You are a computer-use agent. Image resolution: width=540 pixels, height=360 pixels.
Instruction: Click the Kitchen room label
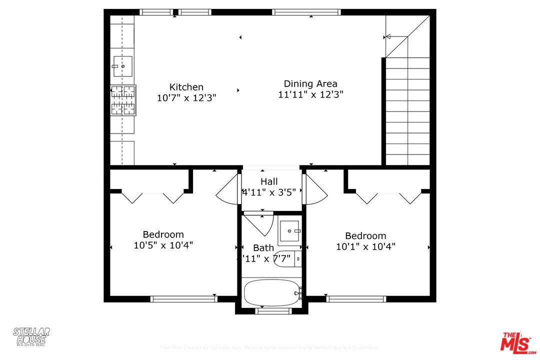pos(186,87)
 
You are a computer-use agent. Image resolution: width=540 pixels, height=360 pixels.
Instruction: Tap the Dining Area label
pos(310,84)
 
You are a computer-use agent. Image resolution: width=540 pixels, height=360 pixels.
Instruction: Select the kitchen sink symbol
pos(122,66)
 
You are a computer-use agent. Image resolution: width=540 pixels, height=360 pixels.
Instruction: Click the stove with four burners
pos(123,100)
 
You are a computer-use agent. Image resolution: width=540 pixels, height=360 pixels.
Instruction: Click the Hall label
pos(269,181)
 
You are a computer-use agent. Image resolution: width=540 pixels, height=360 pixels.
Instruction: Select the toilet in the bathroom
pos(287,258)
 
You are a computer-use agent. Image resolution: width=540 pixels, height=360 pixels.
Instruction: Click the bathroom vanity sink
pos(289,230)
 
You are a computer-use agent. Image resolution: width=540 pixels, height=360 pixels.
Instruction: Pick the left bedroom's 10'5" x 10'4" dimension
pos(163,245)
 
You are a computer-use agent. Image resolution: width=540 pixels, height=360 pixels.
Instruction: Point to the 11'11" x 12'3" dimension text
pos(310,94)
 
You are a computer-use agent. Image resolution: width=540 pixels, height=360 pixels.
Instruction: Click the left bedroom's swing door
pos(226,190)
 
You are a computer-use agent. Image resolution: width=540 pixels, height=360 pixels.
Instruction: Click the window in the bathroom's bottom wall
pos(273,311)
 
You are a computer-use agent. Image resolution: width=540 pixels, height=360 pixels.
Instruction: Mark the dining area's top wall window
pos(306,12)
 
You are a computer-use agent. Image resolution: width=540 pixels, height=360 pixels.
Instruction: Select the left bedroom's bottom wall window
pos(184,299)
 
